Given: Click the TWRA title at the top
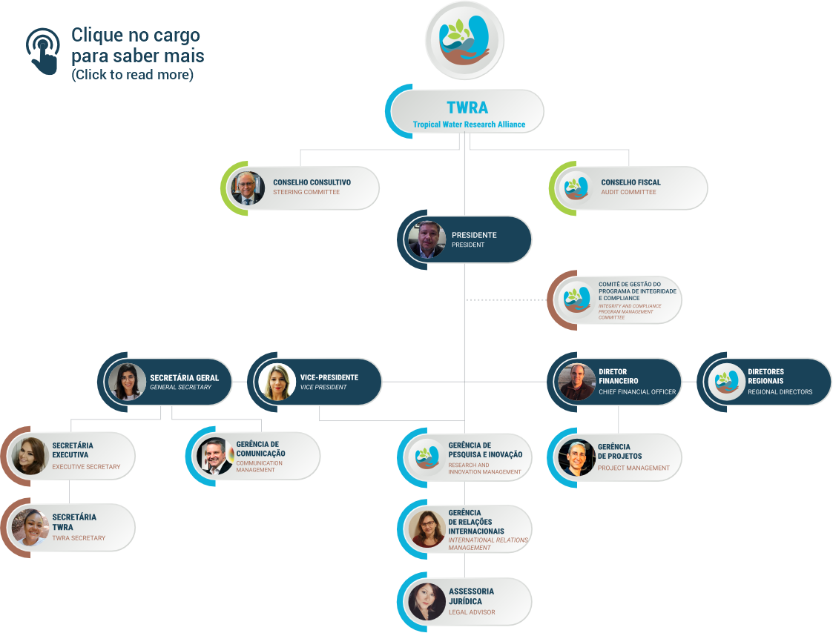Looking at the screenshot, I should point(467,107).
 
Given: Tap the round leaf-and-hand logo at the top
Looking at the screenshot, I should point(465,41).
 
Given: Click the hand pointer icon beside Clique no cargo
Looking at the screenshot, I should point(43,51).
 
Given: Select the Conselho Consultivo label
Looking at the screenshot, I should point(312,182).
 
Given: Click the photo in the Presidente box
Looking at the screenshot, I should point(427,239).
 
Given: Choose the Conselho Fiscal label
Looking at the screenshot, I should point(630,182).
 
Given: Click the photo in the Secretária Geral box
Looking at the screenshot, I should point(127,382).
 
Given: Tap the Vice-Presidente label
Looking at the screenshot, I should point(329,377).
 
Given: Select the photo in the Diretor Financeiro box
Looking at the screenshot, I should point(576,382).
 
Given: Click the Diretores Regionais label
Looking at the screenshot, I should point(765,376).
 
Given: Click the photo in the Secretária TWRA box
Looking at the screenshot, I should point(30,527).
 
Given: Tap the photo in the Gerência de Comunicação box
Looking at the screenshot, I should point(214,456).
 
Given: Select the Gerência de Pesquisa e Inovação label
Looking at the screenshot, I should point(485,449).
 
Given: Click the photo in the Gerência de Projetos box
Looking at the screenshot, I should point(576,457).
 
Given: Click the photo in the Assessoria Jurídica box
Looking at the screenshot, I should point(427,601).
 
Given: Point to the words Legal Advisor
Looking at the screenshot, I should point(472,612).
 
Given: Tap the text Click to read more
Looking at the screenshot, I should point(132,75).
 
